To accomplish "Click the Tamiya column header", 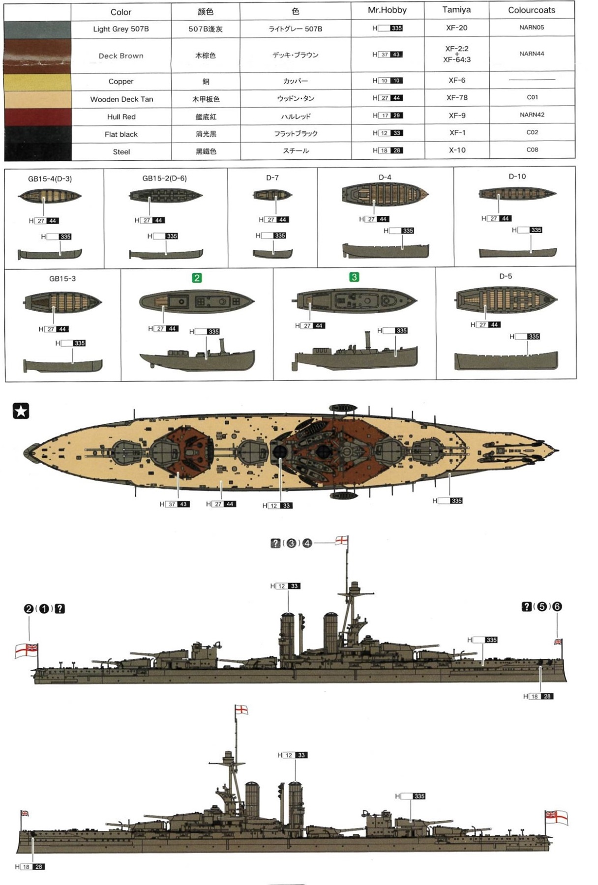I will point(456,10).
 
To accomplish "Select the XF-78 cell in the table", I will point(456,98).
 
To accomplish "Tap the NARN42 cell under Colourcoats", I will point(532,115).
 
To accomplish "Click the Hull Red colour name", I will point(121,117).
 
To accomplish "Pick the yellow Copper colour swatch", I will point(37,82).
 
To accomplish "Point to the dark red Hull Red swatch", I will point(37,117).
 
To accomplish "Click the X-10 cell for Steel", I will point(456,150).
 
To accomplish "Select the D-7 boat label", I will point(272,178).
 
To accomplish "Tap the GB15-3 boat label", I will point(62,279).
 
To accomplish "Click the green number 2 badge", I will point(197,278).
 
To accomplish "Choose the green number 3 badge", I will point(354,277).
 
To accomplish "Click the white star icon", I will point(21,411).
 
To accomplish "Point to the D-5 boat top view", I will point(506,299).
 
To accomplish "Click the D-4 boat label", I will point(385,177).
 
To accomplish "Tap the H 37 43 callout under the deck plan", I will point(175,504).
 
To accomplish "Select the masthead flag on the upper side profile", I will point(342,540).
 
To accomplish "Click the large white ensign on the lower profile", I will point(557,817).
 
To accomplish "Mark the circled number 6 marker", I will point(557,607).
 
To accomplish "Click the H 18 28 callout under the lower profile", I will point(30,867).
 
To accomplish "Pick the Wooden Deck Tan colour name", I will point(121,99).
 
